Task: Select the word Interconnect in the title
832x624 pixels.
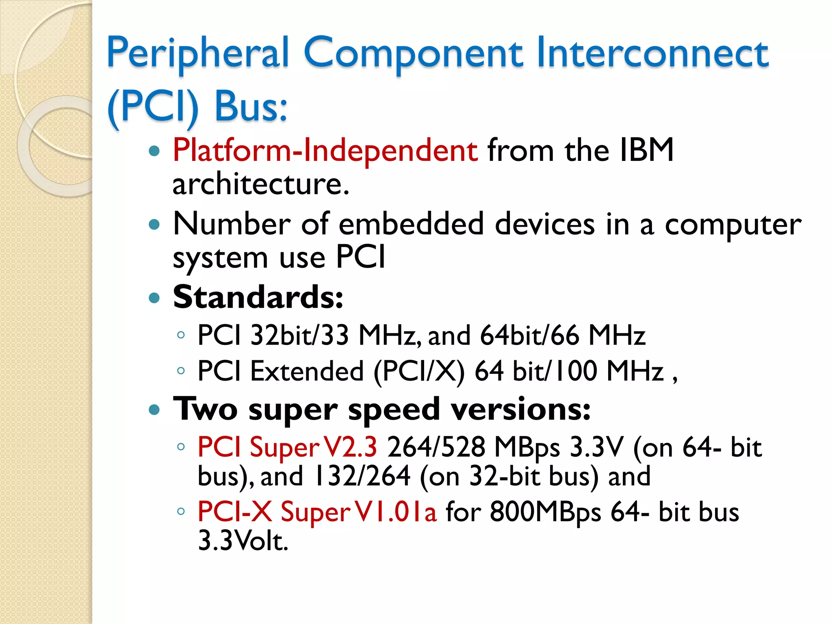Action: pos(652,53)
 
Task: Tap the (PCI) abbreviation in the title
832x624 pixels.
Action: pos(153,106)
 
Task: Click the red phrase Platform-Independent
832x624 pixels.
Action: pos(325,151)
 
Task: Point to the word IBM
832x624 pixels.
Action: pos(646,150)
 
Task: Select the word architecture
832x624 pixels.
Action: pos(260,184)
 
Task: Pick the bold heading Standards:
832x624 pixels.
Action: pos(258,297)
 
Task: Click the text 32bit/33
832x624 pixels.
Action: pos(299,336)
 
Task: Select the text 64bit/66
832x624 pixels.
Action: pos(529,336)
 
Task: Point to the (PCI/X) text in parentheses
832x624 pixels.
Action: pos(419,371)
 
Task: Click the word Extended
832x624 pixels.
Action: pos(307,371)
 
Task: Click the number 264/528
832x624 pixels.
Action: pos(436,447)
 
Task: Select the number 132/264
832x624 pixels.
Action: pos(362,476)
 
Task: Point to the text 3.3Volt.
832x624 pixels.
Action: pos(243,541)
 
